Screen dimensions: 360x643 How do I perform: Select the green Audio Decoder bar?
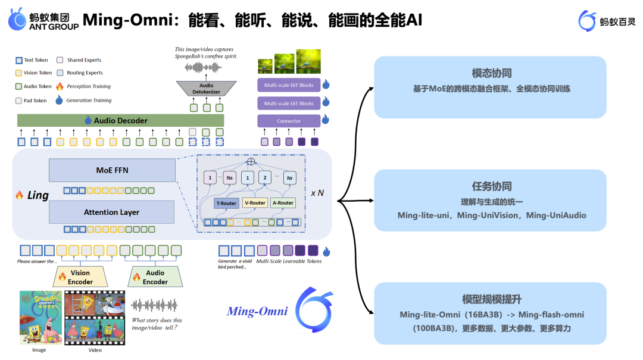tap(120, 120)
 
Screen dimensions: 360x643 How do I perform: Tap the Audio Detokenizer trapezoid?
tap(206, 89)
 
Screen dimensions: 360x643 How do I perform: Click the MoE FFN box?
tap(112, 170)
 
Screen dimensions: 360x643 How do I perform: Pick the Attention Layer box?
tap(112, 212)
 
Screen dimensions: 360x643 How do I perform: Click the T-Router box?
tap(226, 202)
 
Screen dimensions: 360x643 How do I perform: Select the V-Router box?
tap(254, 202)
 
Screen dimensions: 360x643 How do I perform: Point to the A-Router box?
tap(283, 202)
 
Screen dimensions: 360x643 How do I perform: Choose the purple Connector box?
tap(289, 121)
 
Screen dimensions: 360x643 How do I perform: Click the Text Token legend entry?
tap(32, 60)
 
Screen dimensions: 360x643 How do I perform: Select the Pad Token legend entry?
tap(32, 101)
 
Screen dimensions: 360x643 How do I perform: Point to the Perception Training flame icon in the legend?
tap(60, 87)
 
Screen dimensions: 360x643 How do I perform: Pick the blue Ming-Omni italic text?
tap(257, 311)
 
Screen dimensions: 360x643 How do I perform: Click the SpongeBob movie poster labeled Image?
tap(40, 317)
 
